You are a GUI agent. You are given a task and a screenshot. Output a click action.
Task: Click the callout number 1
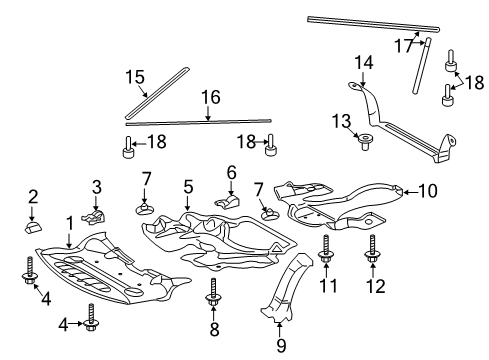70,224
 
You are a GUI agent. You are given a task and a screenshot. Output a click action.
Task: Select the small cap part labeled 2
33,227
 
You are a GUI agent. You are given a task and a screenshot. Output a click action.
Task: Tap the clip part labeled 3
94,217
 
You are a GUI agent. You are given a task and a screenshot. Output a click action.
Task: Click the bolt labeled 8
213,292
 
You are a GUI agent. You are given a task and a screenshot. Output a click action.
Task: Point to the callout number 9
281,346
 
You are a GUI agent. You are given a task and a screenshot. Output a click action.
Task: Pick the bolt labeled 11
326,251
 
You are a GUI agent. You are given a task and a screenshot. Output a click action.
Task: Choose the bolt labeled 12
372,251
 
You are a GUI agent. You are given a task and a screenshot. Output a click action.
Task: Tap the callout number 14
363,63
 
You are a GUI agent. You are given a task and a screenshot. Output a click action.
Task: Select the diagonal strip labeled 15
157,93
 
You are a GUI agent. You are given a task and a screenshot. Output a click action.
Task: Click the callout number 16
211,97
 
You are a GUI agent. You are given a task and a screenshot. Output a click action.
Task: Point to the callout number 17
403,46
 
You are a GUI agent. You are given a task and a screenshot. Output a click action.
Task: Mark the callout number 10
428,191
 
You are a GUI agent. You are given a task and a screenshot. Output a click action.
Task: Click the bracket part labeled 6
227,201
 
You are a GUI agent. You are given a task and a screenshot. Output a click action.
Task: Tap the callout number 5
188,187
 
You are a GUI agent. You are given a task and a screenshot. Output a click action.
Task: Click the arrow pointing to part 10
410,192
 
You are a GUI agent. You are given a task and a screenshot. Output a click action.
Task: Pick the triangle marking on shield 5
276,248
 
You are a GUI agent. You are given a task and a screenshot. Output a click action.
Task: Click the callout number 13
341,121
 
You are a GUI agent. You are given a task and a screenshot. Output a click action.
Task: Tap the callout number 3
97,187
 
